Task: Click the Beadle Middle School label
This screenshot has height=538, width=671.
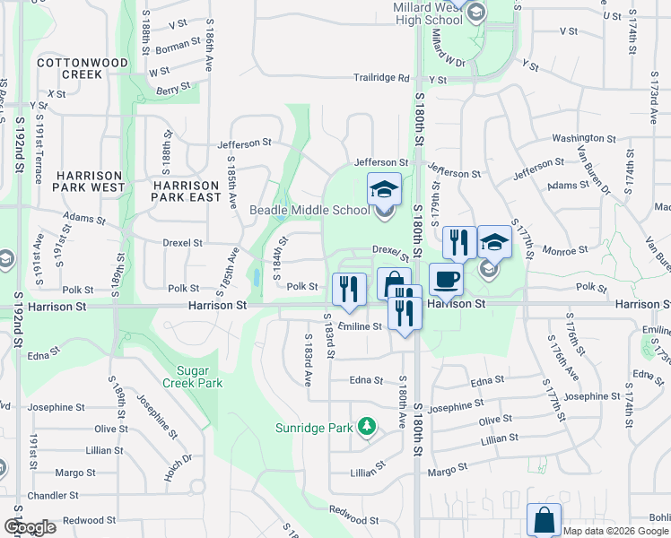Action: point(309,210)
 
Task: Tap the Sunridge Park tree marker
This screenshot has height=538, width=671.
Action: point(366,427)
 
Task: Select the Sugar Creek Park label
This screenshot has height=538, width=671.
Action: point(192,376)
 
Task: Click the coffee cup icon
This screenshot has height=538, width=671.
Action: point(446,279)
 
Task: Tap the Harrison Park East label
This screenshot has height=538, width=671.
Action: point(186,178)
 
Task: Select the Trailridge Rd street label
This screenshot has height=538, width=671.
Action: point(381,78)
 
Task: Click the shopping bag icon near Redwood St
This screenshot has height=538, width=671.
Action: point(545,519)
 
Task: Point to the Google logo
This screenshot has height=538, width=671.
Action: point(30,527)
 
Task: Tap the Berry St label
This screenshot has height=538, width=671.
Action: point(173,88)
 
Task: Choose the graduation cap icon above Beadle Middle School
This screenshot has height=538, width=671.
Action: point(384,189)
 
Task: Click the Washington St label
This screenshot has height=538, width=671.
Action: point(575,138)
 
